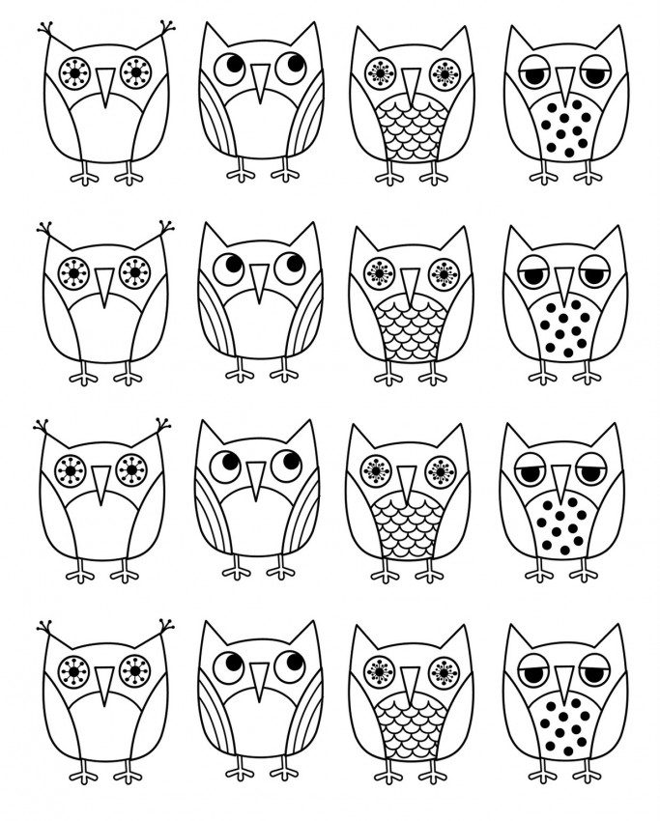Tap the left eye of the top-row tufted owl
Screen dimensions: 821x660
pyautogui.click(x=72, y=71)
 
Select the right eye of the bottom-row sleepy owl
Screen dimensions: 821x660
pyautogui.click(x=592, y=667)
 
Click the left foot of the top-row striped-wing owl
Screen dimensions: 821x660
pyautogui.click(x=238, y=174)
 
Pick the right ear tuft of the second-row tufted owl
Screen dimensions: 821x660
pyautogui.click(x=164, y=230)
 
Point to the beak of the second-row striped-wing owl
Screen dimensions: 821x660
pyautogui.click(x=258, y=280)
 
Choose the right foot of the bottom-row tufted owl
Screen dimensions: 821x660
pyautogui.click(x=126, y=773)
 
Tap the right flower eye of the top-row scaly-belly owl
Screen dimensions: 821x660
pyautogui.click(x=444, y=72)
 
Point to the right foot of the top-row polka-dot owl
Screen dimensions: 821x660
pyautogui.click(x=587, y=177)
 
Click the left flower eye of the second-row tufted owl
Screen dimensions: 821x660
pyautogui.click(x=72, y=272)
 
